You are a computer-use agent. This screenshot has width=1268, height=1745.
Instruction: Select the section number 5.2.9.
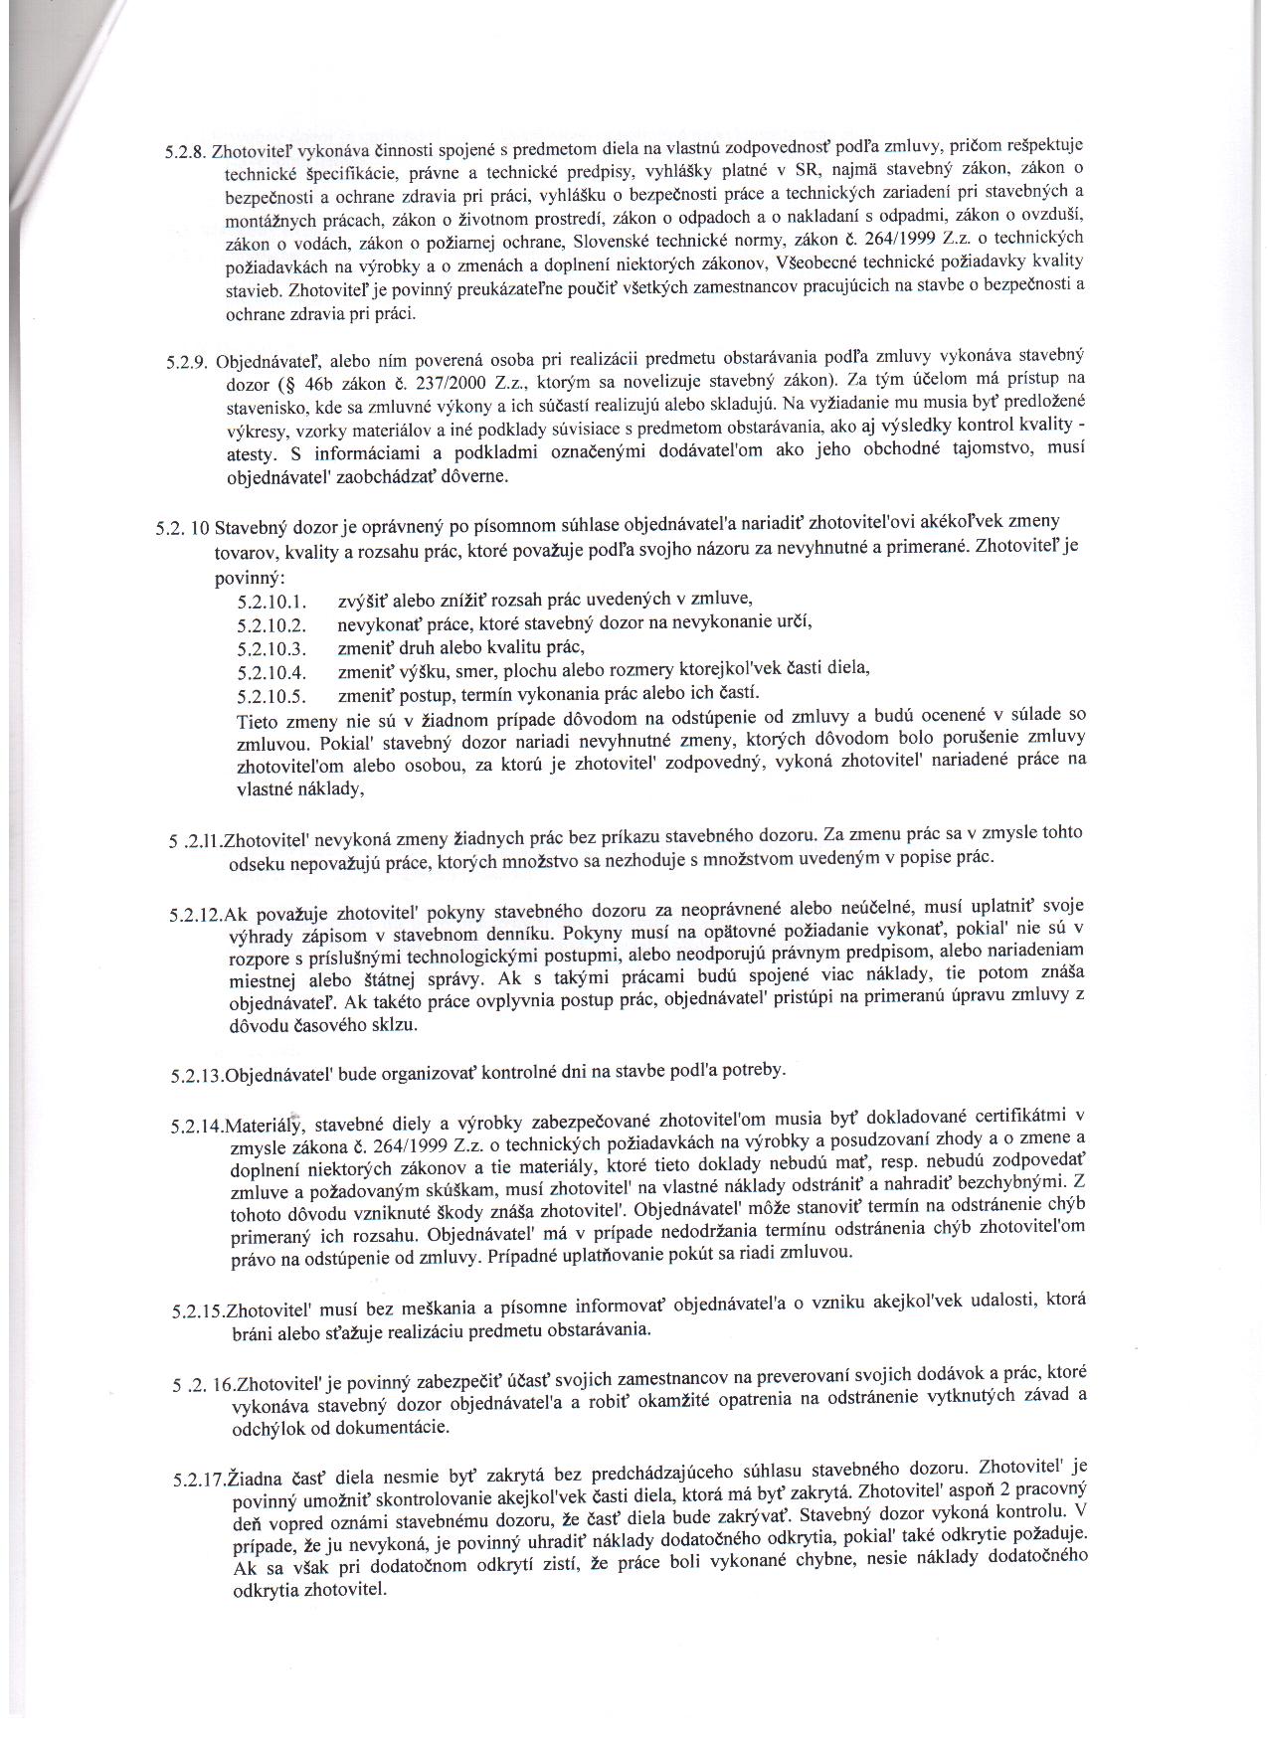[x=188, y=362]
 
